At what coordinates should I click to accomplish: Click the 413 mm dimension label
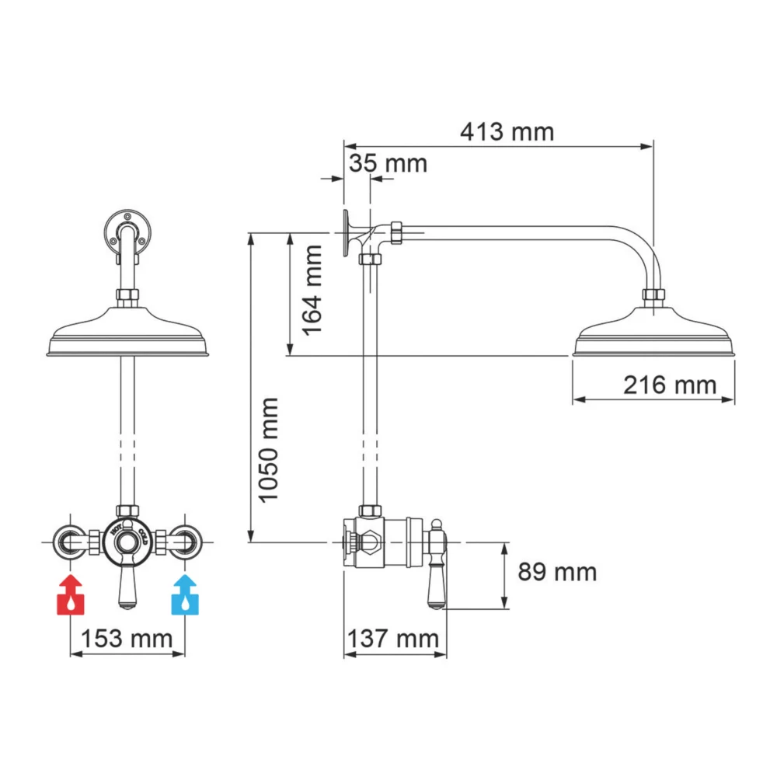(507, 132)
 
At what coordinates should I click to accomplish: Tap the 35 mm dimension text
(388, 164)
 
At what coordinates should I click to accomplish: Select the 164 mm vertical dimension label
(312, 289)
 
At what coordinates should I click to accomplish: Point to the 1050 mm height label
(269, 449)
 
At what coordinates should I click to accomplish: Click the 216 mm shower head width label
(669, 384)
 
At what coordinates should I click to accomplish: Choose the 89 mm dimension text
(557, 573)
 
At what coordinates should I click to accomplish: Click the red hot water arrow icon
(71, 595)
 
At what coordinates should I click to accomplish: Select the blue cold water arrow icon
(184, 595)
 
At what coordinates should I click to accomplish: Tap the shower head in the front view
(128, 334)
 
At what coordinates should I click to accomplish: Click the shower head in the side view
(653, 334)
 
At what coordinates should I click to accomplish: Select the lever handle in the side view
(437, 567)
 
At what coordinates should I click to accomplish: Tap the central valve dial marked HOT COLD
(127, 540)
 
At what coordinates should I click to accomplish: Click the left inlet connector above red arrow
(70, 541)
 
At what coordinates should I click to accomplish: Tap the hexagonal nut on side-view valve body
(368, 541)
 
